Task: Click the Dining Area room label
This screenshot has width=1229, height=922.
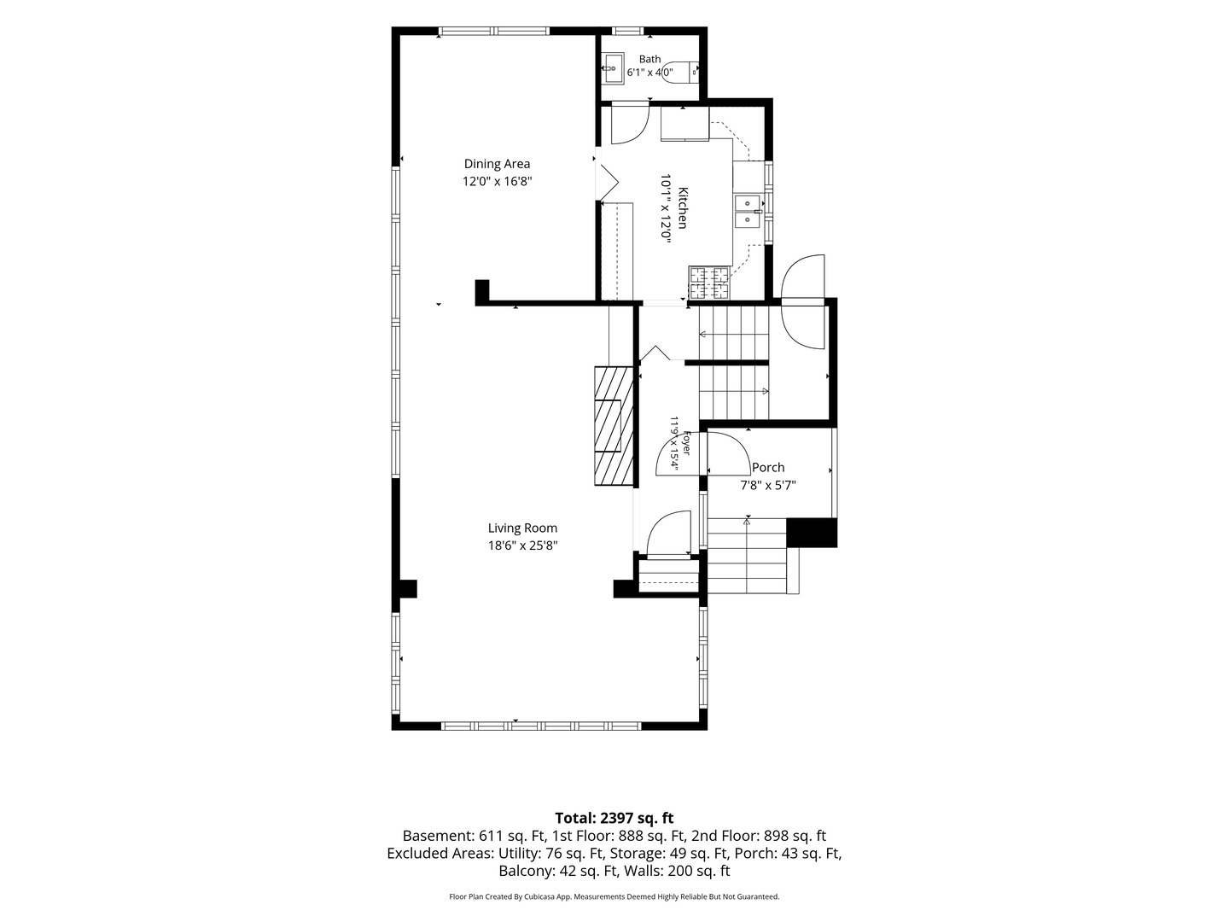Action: (x=497, y=164)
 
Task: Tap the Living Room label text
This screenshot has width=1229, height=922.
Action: (x=522, y=528)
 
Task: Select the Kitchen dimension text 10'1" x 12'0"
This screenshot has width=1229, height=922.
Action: (x=665, y=207)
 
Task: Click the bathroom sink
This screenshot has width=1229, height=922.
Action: (x=613, y=69)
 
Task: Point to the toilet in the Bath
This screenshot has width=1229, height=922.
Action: (x=680, y=72)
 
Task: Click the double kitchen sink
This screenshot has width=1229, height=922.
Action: (x=748, y=211)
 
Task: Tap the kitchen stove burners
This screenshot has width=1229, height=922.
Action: (x=709, y=283)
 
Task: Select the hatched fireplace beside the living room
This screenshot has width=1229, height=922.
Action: (x=614, y=425)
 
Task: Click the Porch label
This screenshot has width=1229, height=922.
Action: (x=768, y=468)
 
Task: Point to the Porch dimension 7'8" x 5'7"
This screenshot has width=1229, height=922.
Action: (x=768, y=486)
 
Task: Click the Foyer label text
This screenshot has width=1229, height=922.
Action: (x=687, y=443)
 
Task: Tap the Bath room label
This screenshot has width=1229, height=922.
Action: (x=650, y=59)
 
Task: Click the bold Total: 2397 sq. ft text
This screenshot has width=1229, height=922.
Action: (x=614, y=818)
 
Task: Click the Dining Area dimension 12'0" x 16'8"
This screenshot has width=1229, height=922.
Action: (x=497, y=181)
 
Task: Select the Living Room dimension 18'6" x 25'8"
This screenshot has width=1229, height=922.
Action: (x=523, y=546)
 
